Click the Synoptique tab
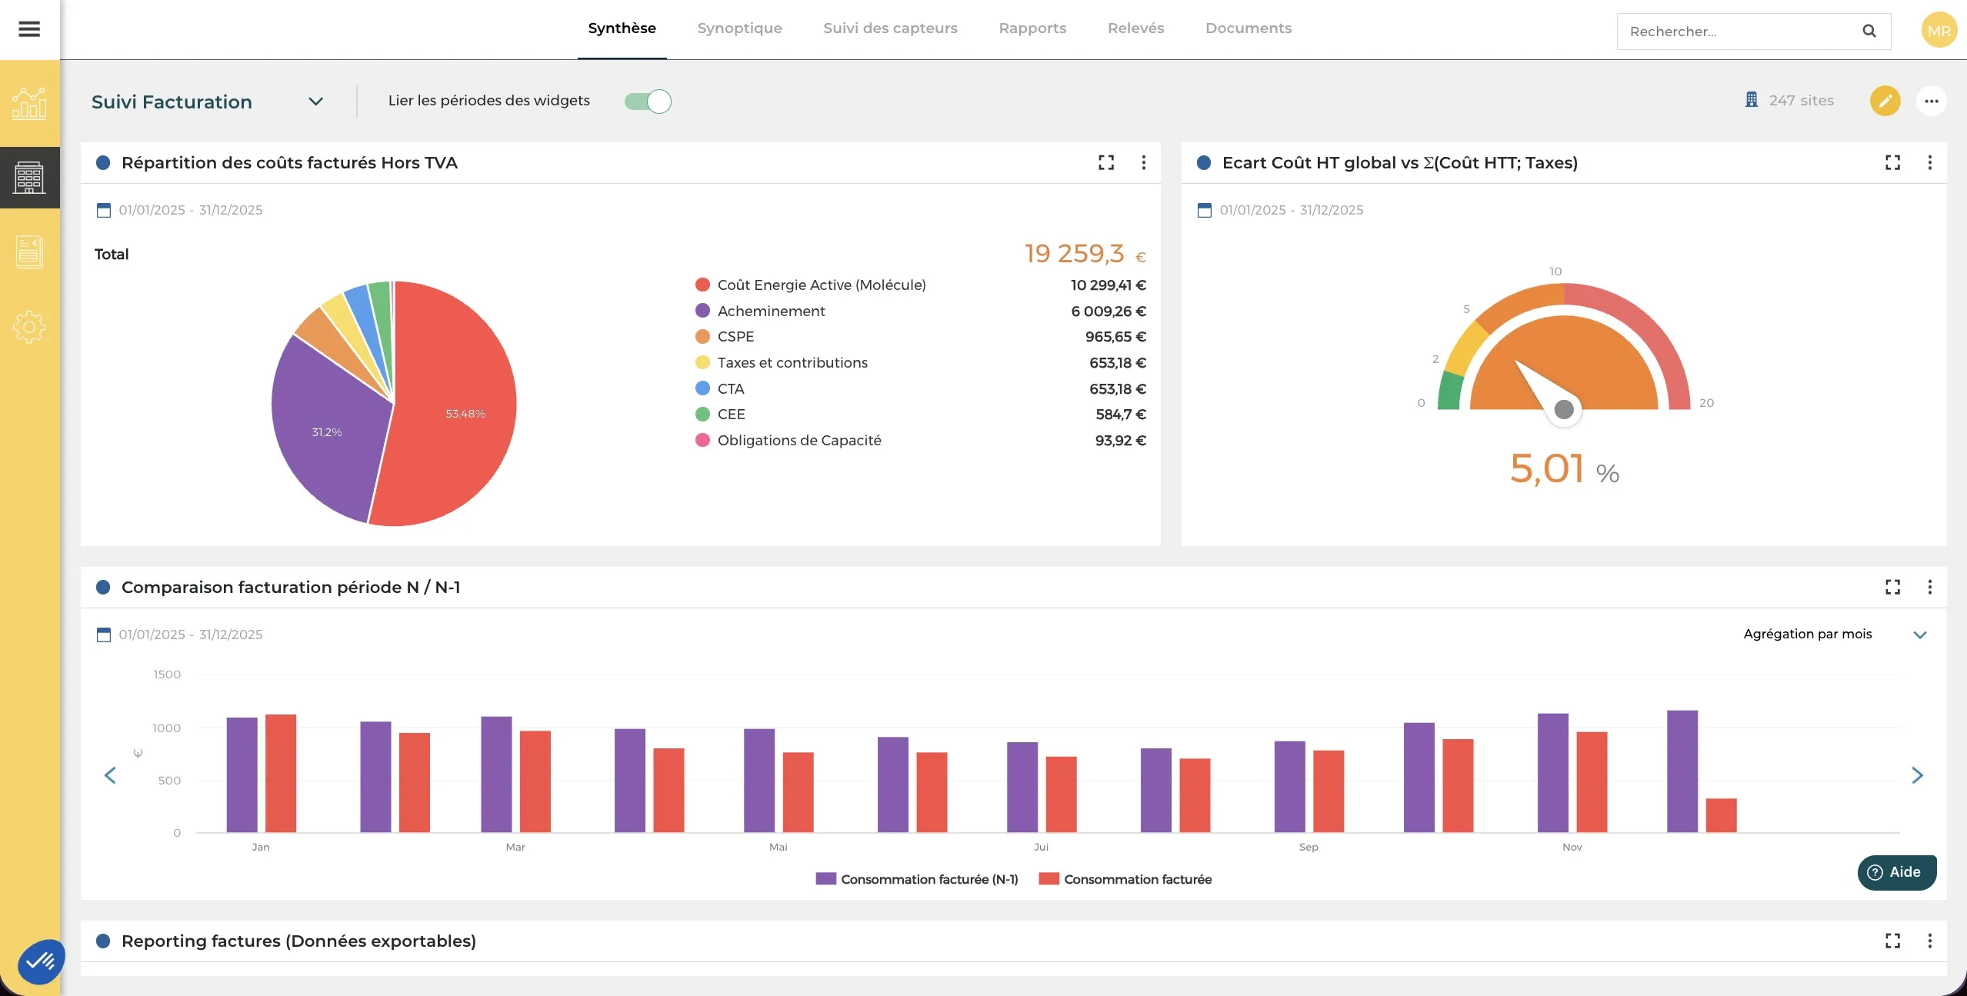[739, 28]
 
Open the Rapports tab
[1032, 28]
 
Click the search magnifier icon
[1869, 32]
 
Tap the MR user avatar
[1939, 31]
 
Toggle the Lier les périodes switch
[648, 102]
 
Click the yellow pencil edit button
[1885, 101]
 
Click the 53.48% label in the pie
[465, 414]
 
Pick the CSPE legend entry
[735, 337]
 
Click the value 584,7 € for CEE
[1120, 415]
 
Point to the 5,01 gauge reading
[1546, 468]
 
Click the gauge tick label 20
[1706, 403]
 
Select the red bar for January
[281, 773]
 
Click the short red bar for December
[1721, 815]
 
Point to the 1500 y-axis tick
[167, 675]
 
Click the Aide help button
[1896, 872]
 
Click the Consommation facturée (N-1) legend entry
[917, 879]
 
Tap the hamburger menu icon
[29, 29]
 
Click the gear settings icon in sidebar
[29, 328]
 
